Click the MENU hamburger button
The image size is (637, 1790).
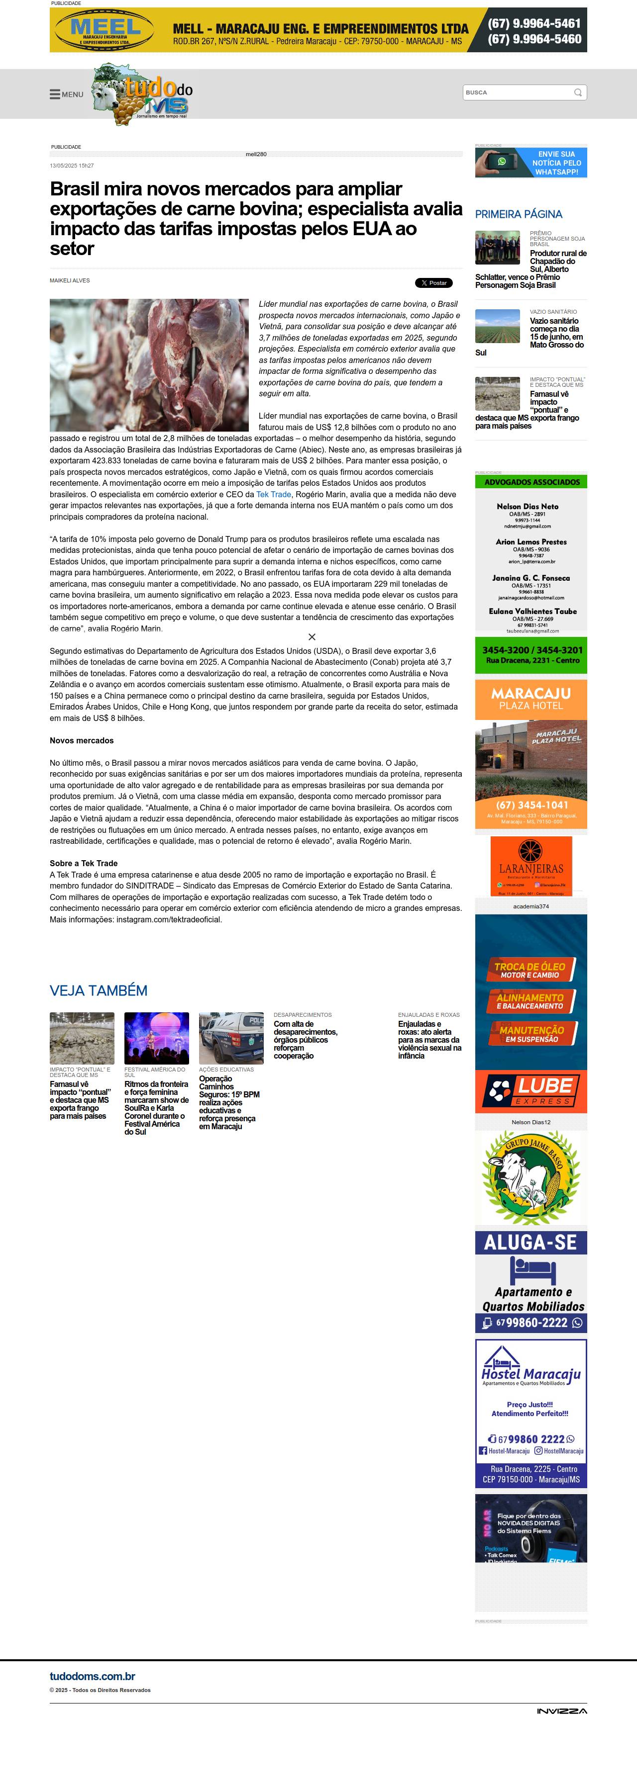pyautogui.click(x=66, y=94)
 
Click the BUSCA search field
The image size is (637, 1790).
pyautogui.click(x=518, y=92)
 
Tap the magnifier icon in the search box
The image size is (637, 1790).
pyautogui.click(x=578, y=92)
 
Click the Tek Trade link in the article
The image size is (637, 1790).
pyautogui.click(x=273, y=494)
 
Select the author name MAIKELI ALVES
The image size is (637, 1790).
pyautogui.click(x=70, y=281)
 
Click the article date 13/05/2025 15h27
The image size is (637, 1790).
pyautogui.click(x=72, y=166)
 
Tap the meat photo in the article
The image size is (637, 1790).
pyautogui.click(x=149, y=365)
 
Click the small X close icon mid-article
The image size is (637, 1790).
pyautogui.click(x=312, y=636)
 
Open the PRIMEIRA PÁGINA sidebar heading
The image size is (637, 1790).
pyautogui.click(x=518, y=214)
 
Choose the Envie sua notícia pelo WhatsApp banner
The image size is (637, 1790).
pyautogui.click(x=531, y=163)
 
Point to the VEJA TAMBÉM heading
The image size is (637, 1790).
pyautogui.click(x=98, y=990)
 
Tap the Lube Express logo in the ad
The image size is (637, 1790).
pyautogui.click(x=531, y=1091)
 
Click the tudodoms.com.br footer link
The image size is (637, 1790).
pyautogui.click(x=93, y=1676)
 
